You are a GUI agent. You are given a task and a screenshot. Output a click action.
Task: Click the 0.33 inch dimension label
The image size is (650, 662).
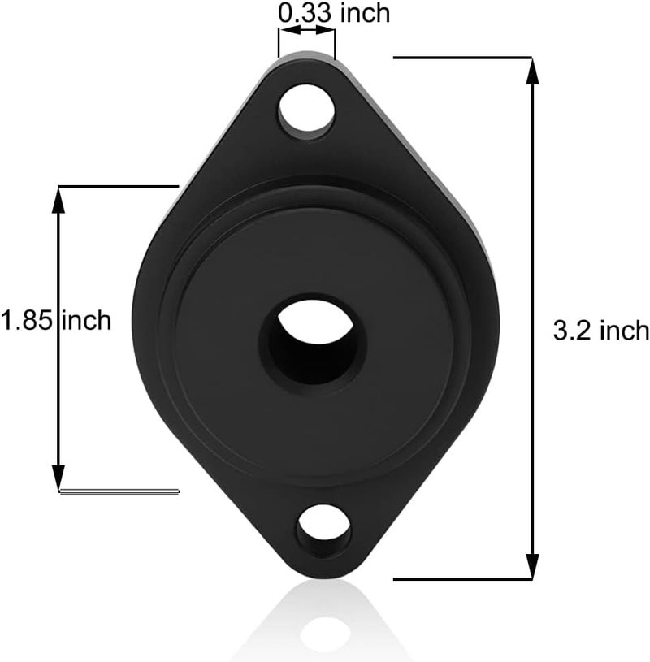coord(333,12)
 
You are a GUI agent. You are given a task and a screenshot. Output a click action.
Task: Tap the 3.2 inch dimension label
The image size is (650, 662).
coord(600,330)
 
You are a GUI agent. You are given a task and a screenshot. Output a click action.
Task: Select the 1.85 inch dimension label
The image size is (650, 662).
coord(55,320)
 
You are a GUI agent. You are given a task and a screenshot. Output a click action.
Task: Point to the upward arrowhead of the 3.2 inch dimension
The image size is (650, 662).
coord(532,71)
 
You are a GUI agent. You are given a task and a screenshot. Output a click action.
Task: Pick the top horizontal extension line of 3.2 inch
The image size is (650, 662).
coord(463,58)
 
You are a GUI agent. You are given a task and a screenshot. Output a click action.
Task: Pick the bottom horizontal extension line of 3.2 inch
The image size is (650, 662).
coord(463,578)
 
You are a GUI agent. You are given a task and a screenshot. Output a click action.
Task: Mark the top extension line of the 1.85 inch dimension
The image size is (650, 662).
coord(118,186)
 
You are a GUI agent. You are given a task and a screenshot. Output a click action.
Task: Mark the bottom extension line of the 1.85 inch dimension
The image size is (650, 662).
coord(118,491)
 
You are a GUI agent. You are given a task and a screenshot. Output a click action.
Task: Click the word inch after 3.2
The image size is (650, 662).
coord(623,330)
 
